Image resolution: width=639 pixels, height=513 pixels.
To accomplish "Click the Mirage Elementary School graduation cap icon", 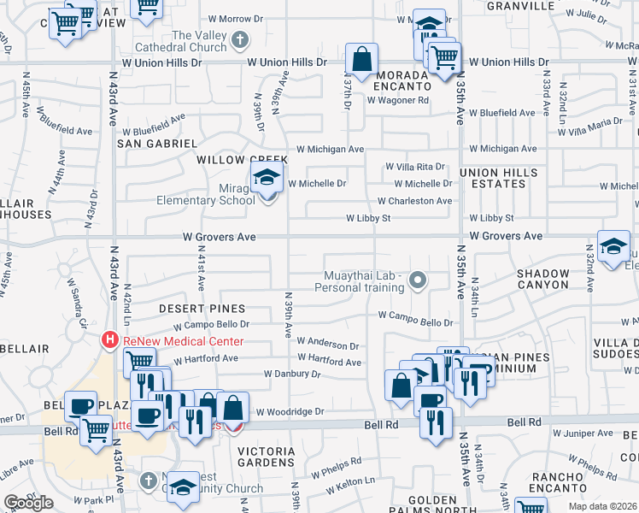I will click(x=267, y=180).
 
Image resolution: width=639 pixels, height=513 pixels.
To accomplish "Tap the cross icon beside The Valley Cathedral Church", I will click(x=241, y=39).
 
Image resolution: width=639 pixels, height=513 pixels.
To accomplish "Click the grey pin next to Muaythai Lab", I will click(x=417, y=279).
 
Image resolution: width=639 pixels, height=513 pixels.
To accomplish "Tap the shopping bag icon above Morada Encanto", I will click(x=362, y=60).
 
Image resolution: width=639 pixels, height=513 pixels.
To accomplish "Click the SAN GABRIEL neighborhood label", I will click(x=157, y=144).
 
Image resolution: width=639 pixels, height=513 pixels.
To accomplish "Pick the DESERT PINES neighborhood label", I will click(x=202, y=308).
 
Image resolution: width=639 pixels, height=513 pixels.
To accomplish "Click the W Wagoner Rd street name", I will click(x=397, y=100).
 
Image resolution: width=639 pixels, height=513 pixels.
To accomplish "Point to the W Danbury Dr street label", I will click(x=291, y=374).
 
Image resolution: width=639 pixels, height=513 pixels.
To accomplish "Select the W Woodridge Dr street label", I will click(x=290, y=411).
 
